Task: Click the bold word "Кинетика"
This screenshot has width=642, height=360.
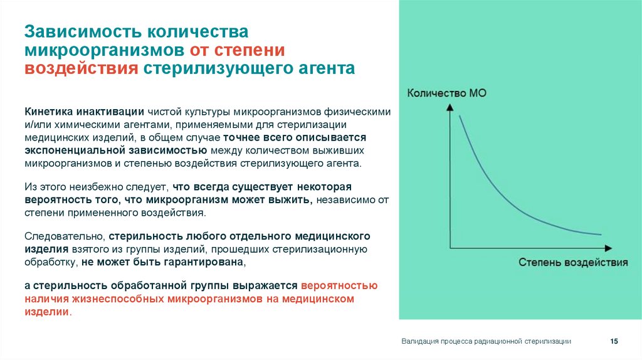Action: [x=49, y=111]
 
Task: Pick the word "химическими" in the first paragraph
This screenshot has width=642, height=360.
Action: [x=87, y=124]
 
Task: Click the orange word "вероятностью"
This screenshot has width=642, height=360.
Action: [x=339, y=285]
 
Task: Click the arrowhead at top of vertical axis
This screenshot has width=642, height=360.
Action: [x=449, y=107]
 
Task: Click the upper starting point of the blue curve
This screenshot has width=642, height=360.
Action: [x=460, y=116]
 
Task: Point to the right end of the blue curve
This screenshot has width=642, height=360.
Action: [x=601, y=235]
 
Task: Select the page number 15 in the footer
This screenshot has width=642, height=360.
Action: [x=614, y=341]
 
